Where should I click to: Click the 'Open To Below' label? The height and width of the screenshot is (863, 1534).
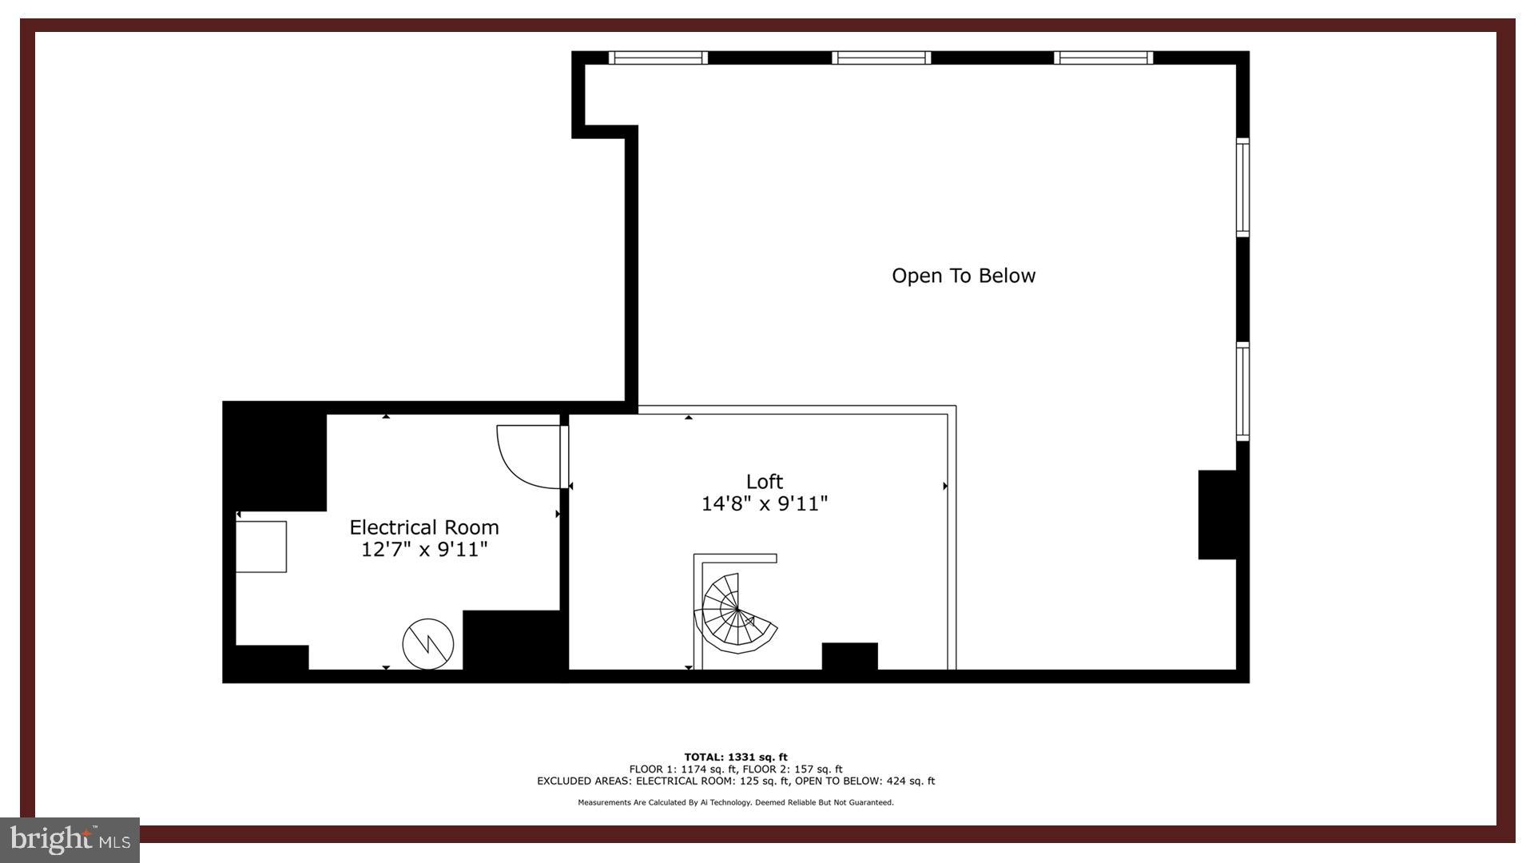pos(963,276)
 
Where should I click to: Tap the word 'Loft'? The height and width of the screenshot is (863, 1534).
pos(764,481)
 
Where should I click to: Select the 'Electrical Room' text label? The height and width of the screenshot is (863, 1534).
pos(423,527)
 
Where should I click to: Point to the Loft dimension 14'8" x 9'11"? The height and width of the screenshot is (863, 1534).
pos(764,504)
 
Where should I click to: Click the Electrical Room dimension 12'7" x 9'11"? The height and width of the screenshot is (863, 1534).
pos(423,550)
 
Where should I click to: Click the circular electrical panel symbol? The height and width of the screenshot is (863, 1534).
pos(428,643)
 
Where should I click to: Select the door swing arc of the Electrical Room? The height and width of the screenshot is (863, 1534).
pos(523,459)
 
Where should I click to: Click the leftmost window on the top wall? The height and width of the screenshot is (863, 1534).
pos(658,58)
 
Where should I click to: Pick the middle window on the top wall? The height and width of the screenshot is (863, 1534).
pos(880,58)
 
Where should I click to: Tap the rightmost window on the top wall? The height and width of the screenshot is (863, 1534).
pos(1103,58)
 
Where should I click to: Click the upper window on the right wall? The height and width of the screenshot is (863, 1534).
pos(1242,187)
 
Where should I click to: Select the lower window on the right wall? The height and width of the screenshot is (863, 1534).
pos(1242,392)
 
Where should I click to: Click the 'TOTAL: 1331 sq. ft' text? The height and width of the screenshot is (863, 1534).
pos(735,757)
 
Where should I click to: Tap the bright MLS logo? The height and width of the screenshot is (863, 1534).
pos(70,839)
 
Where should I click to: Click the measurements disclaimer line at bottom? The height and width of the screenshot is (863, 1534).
pos(735,802)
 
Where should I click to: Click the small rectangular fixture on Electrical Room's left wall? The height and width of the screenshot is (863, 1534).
pos(261,547)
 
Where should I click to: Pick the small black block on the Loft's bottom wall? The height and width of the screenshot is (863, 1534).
pos(849,656)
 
